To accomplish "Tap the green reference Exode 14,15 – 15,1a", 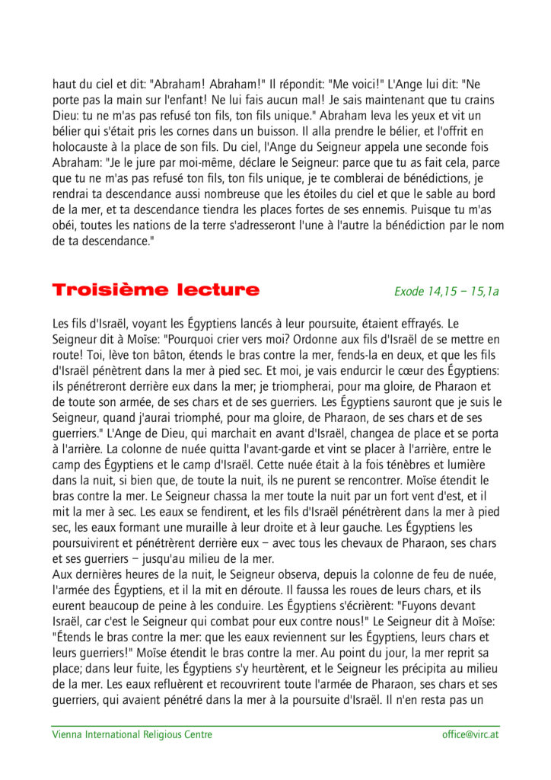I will click(x=446, y=291).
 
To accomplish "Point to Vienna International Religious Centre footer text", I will click(x=132, y=735).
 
